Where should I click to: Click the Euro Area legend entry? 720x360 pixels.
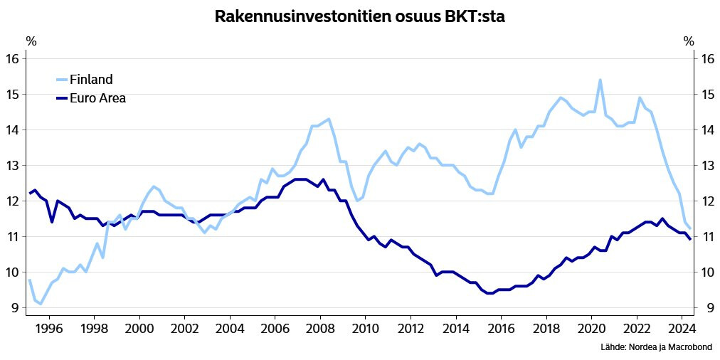coord(97,98)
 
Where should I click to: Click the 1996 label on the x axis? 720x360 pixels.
coord(48,329)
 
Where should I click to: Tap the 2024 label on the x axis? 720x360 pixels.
coord(682,329)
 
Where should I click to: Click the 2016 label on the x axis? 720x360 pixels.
coord(501,329)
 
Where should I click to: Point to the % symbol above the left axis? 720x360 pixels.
coord(31,41)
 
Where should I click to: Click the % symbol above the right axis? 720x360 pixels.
coord(688,41)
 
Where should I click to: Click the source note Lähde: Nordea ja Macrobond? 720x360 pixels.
coord(655,347)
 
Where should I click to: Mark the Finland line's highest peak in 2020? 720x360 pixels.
coord(600,80)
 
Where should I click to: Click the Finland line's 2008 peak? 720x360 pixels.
coord(329,119)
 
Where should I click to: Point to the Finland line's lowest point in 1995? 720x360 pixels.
coord(41,304)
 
